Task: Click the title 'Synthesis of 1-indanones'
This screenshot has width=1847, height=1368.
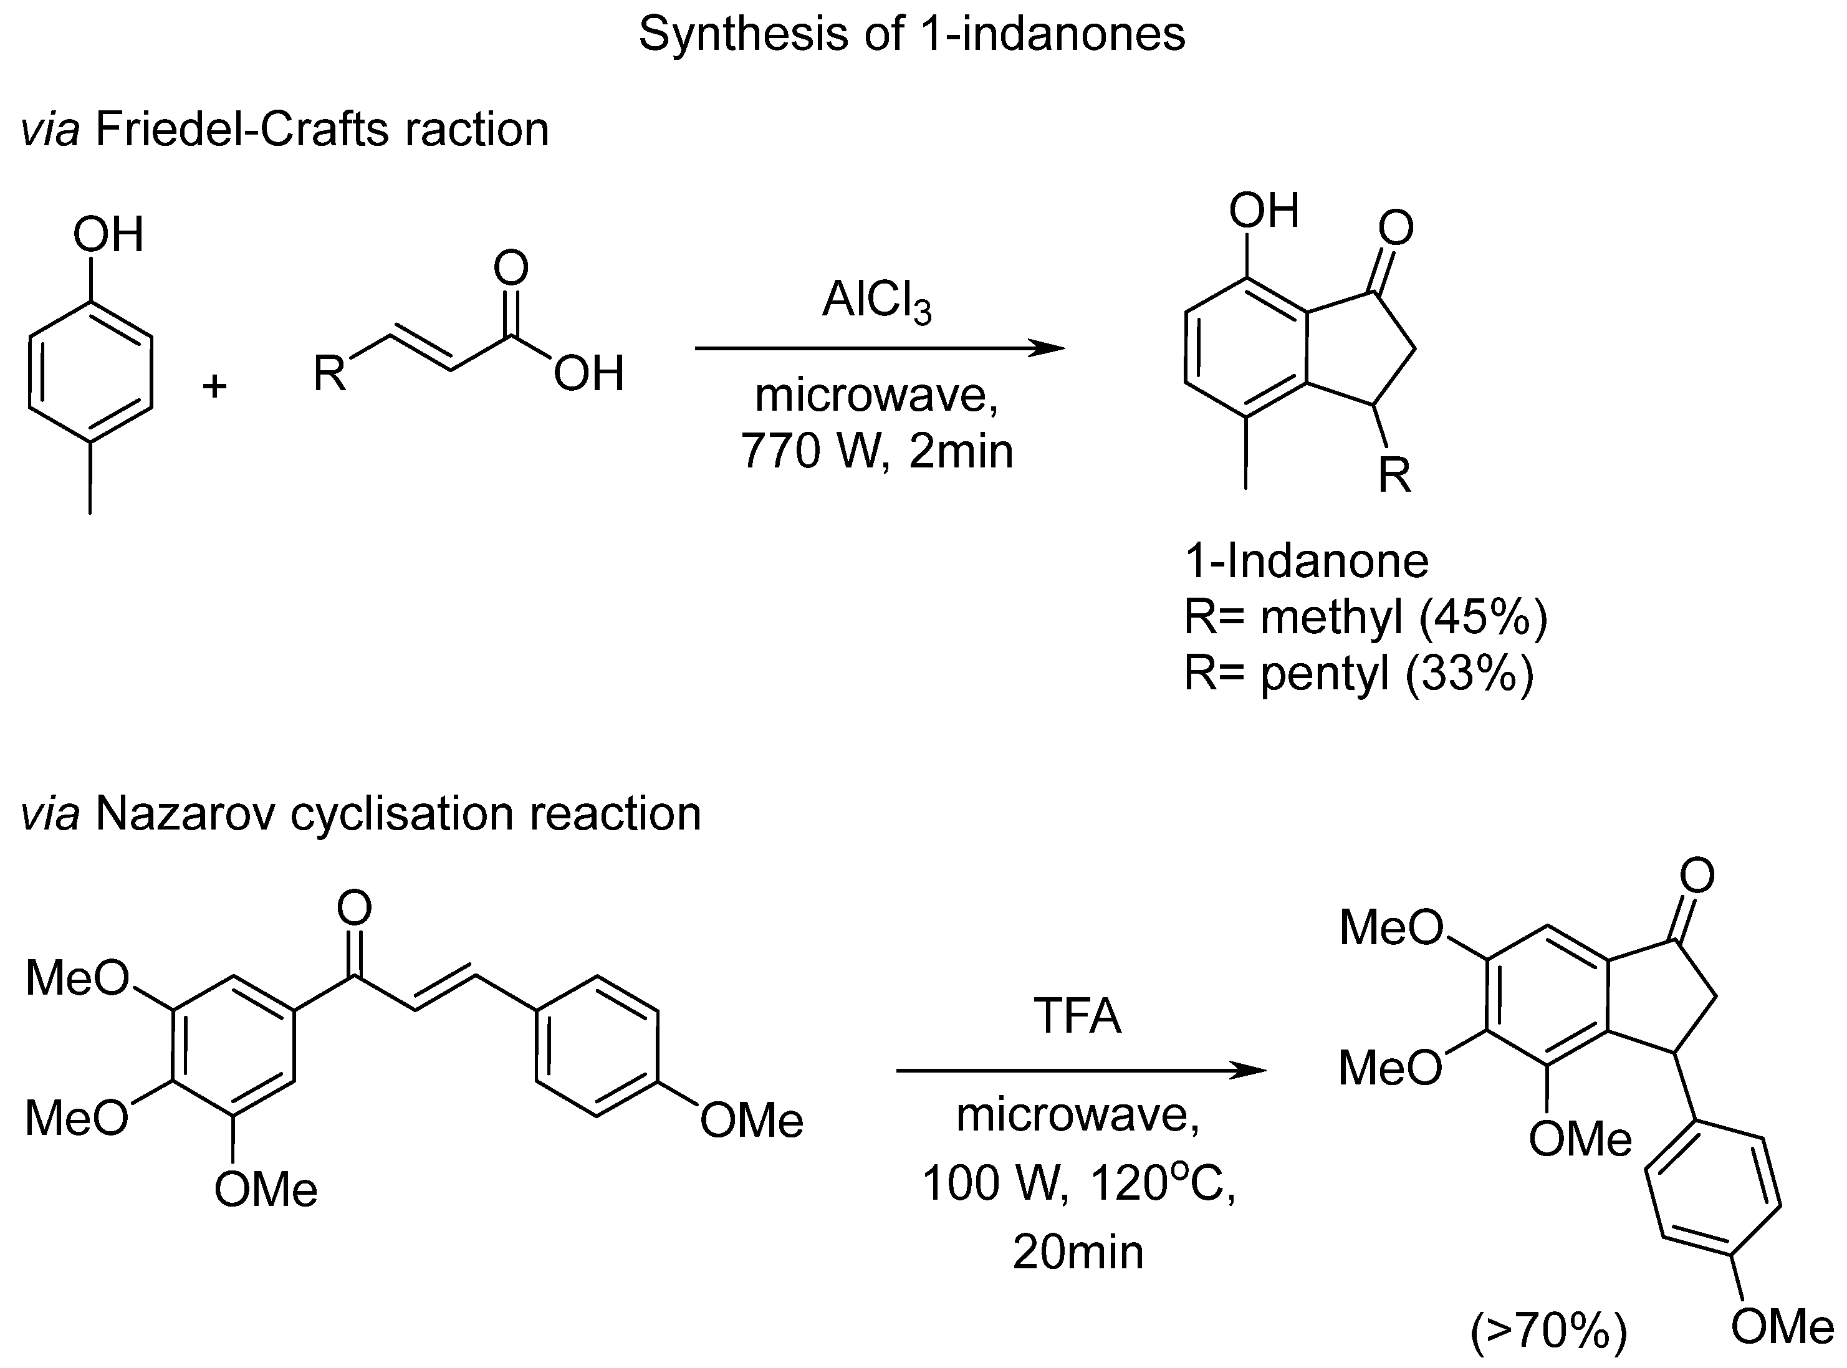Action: coord(911,35)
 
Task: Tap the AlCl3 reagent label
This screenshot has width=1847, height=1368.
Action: coord(876,302)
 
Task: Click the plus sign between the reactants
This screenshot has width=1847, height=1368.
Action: coord(215,386)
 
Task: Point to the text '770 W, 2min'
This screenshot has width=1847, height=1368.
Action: coord(876,451)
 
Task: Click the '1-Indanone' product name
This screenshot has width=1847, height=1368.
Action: coord(1306,562)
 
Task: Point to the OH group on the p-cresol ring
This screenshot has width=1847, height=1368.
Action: coord(108,234)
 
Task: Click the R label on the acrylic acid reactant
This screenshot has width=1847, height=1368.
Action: coord(330,375)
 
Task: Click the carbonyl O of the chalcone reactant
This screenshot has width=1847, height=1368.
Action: coord(355,909)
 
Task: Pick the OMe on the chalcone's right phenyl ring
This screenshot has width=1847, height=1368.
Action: coord(751,1121)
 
